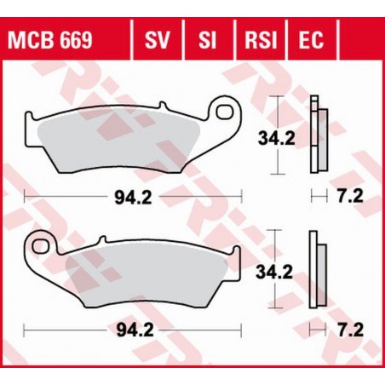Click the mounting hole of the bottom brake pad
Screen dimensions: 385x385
click(x=39, y=247)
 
